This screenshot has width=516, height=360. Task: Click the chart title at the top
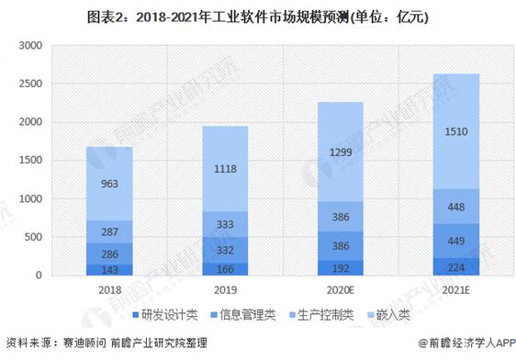[x=258, y=17]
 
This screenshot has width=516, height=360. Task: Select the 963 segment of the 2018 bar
[x=109, y=184]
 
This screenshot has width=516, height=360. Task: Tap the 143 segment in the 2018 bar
[x=109, y=270]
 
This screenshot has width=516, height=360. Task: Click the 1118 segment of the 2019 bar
[x=225, y=169]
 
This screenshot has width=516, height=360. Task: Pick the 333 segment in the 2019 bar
[x=225, y=224]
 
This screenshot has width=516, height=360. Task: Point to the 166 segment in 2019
[x=225, y=269]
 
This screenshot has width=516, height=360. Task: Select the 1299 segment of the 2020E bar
[x=341, y=152]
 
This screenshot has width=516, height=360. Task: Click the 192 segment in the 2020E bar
[x=341, y=268]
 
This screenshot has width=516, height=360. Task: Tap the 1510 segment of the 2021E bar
[x=456, y=131]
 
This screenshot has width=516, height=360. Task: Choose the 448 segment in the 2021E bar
[x=456, y=207]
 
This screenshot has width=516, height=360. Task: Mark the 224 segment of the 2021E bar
[x=456, y=267]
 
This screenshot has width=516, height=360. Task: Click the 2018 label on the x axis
[x=109, y=290]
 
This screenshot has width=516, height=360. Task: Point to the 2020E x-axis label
[x=341, y=290]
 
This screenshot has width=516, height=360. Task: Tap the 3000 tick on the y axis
[x=30, y=45]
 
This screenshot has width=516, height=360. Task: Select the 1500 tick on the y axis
[x=30, y=161]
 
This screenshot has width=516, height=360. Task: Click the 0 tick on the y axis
[x=39, y=276]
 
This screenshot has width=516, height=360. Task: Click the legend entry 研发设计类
[x=165, y=315]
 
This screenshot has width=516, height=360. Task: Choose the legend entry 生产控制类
[x=321, y=315]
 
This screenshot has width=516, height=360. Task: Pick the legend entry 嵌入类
[x=389, y=315]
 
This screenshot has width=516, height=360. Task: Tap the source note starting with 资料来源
[x=107, y=343]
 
